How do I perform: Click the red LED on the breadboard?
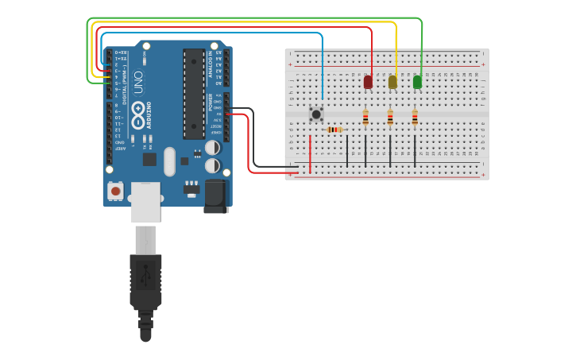[x=368, y=82]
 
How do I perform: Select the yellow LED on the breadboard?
[x=392, y=82]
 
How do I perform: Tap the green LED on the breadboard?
[x=417, y=82]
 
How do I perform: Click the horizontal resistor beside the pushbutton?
[x=334, y=130]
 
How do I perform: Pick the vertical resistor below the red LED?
[x=365, y=118]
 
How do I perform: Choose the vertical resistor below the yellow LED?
[x=390, y=118]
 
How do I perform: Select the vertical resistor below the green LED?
[x=415, y=118]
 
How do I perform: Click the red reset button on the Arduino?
[x=116, y=191]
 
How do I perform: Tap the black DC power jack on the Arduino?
[x=216, y=195]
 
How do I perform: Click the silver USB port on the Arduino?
[x=145, y=202]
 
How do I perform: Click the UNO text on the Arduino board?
[x=138, y=83]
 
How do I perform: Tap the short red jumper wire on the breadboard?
[x=310, y=151]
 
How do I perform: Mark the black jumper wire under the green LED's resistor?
[x=415, y=150]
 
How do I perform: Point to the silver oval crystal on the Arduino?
[x=169, y=161]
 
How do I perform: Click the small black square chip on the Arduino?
[x=149, y=159]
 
